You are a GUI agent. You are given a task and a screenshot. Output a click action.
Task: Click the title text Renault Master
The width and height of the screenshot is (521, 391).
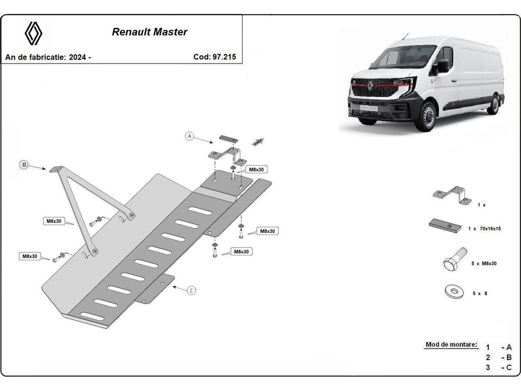pos(150,32)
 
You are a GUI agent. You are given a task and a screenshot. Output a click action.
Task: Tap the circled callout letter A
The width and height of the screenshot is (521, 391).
pos(189,136)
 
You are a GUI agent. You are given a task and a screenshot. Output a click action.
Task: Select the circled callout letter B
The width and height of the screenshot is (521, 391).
pos(24,164)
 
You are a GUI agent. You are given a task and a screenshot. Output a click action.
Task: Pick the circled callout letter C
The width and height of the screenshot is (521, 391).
pos(192,290)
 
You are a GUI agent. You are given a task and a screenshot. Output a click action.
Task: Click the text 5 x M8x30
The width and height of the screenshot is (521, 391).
pos(484,264)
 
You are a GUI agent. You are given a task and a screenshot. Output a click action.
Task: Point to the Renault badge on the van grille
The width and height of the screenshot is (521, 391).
pos(370,86)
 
